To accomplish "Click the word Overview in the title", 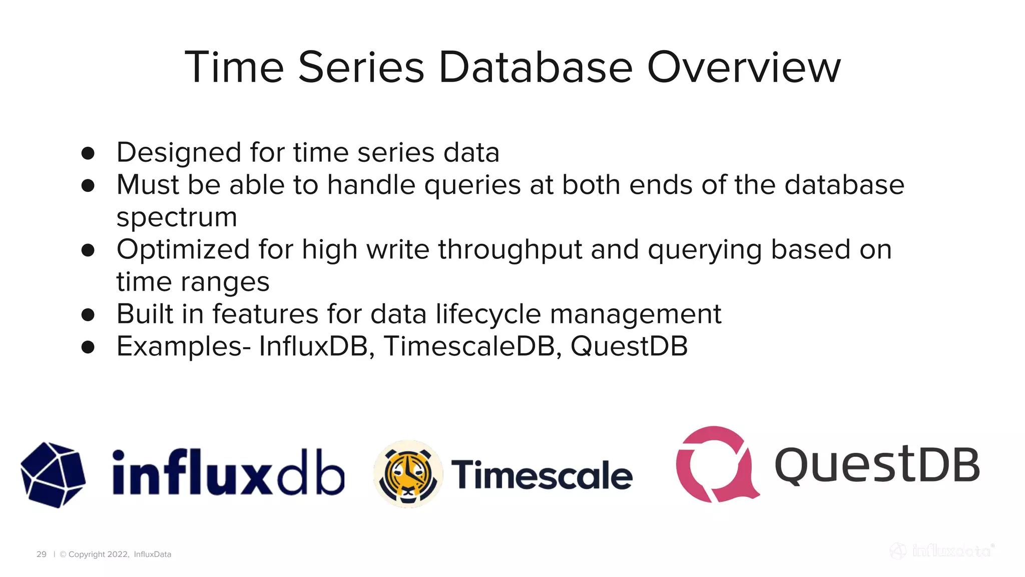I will point(744,68).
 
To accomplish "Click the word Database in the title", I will point(536,68).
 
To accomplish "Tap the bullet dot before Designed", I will point(88,153).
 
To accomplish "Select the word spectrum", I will point(177,218).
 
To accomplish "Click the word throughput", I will point(510,249).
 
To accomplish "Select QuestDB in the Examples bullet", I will point(629,347).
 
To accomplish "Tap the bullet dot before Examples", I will point(88,347).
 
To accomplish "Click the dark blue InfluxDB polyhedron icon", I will point(53,474).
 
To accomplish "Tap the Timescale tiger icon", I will point(408,474).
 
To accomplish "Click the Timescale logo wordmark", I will point(542,475).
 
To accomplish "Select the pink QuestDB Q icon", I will point(716,464).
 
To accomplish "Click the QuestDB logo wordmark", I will point(877,465).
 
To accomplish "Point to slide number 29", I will point(42,554).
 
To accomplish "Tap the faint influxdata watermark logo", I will point(942,551).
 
